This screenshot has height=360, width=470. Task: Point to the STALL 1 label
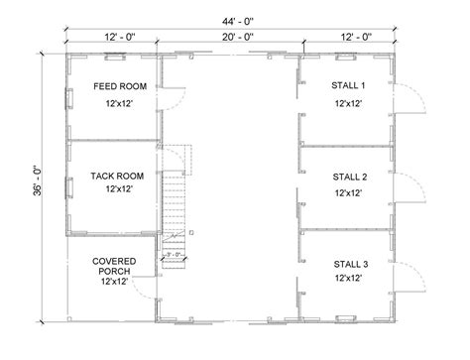point(347,86)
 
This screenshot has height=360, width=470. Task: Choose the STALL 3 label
point(347,264)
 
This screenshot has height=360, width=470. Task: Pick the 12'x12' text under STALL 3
point(347,279)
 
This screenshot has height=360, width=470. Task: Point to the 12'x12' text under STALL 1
point(347,102)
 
